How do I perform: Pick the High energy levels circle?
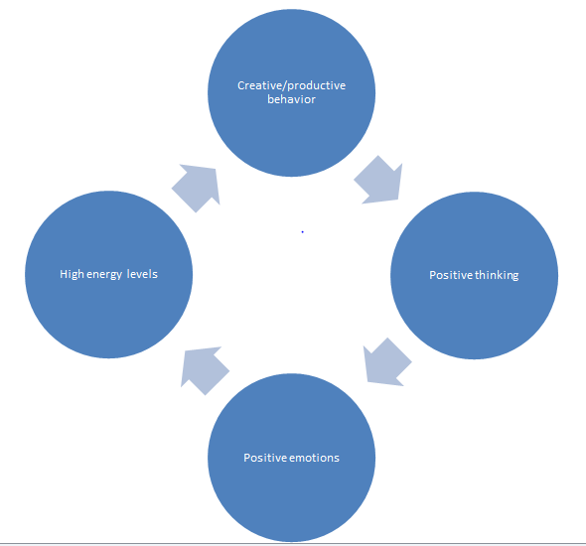[108, 274]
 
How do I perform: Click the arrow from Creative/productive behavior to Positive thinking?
[378, 180]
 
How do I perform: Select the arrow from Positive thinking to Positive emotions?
[386, 361]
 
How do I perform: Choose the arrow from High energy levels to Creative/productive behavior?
[196, 186]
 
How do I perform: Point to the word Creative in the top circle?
[255, 85]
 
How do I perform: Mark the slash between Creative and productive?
[277, 85]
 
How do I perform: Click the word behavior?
[291, 99]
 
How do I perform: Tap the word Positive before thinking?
[448, 275]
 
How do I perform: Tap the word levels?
[142, 274]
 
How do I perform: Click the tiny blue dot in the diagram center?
[302, 231]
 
